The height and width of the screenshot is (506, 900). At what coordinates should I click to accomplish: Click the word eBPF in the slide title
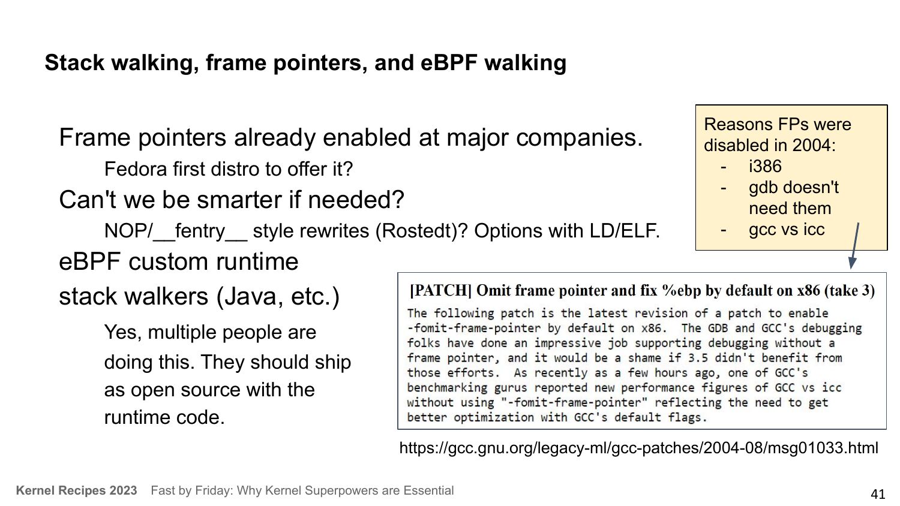pyautogui.click(x=449, y=63)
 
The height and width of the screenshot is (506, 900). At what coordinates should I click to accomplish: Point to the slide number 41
pyautogui.click(x=877, y=494)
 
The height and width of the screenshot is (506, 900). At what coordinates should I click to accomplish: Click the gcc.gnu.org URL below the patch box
pyautogui.click(x=638, y=448)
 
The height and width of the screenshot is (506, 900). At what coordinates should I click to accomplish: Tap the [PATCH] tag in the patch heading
pyautogui.click(x=440, y=290)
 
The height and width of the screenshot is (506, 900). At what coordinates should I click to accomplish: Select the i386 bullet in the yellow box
pyautogui.click(x=765, y=166)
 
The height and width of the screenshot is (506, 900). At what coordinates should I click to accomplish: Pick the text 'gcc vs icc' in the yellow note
pyautogui.click(x=786, y=230)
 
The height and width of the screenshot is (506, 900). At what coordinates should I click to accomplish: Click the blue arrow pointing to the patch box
pyautogui.click(x=854, y=246)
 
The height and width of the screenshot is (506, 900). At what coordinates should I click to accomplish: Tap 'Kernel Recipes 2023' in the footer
pyautogui.click(x=76, y=490)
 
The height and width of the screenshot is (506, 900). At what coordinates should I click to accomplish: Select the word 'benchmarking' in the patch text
pyautogui.click(x=447, y=387)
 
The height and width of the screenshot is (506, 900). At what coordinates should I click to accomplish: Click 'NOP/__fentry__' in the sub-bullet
pyautogui.click(x=176, y=231)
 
